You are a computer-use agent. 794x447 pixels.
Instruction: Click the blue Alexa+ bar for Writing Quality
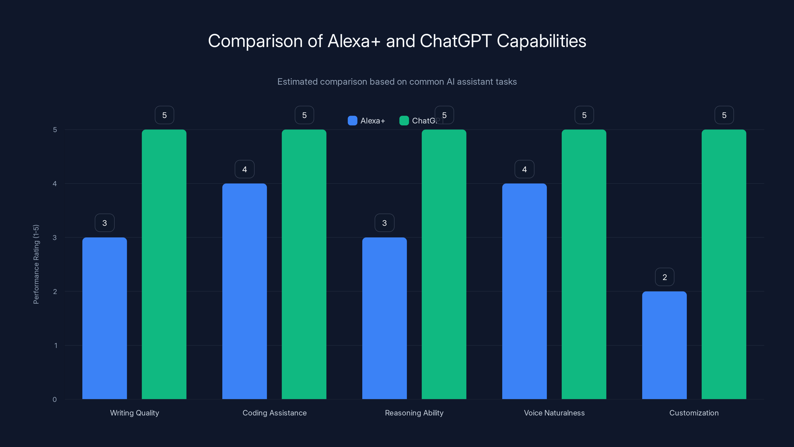point(104,318)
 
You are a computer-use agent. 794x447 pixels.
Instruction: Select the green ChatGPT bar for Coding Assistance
point(304,264)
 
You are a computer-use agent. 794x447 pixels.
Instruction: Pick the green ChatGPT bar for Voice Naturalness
point(584,264)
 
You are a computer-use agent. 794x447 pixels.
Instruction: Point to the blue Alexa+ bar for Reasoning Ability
point(384,318)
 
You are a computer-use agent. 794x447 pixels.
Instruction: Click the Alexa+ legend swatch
point(352,121)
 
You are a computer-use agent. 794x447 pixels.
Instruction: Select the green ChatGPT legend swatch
point(404,121)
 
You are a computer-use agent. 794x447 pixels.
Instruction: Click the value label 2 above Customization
point(664,277)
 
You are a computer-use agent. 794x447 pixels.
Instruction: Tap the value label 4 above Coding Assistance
point(244,169)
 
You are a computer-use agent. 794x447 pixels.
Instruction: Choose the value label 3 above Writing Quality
point(104,223)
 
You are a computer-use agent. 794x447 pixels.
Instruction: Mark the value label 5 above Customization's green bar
point(724,115)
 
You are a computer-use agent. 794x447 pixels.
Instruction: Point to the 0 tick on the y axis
point(55,400)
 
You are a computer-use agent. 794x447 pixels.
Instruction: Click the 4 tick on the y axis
point(55,184)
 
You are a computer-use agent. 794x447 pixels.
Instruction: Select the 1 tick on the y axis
point(56,345)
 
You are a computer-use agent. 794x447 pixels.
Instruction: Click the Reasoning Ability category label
point(414,413)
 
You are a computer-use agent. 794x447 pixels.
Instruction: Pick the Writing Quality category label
point(134,413)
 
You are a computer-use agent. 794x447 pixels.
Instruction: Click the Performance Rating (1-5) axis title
point(36,264)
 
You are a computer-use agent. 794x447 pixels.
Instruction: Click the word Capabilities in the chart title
point(541,41)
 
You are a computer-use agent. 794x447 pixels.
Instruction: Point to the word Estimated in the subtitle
point(297,82)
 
